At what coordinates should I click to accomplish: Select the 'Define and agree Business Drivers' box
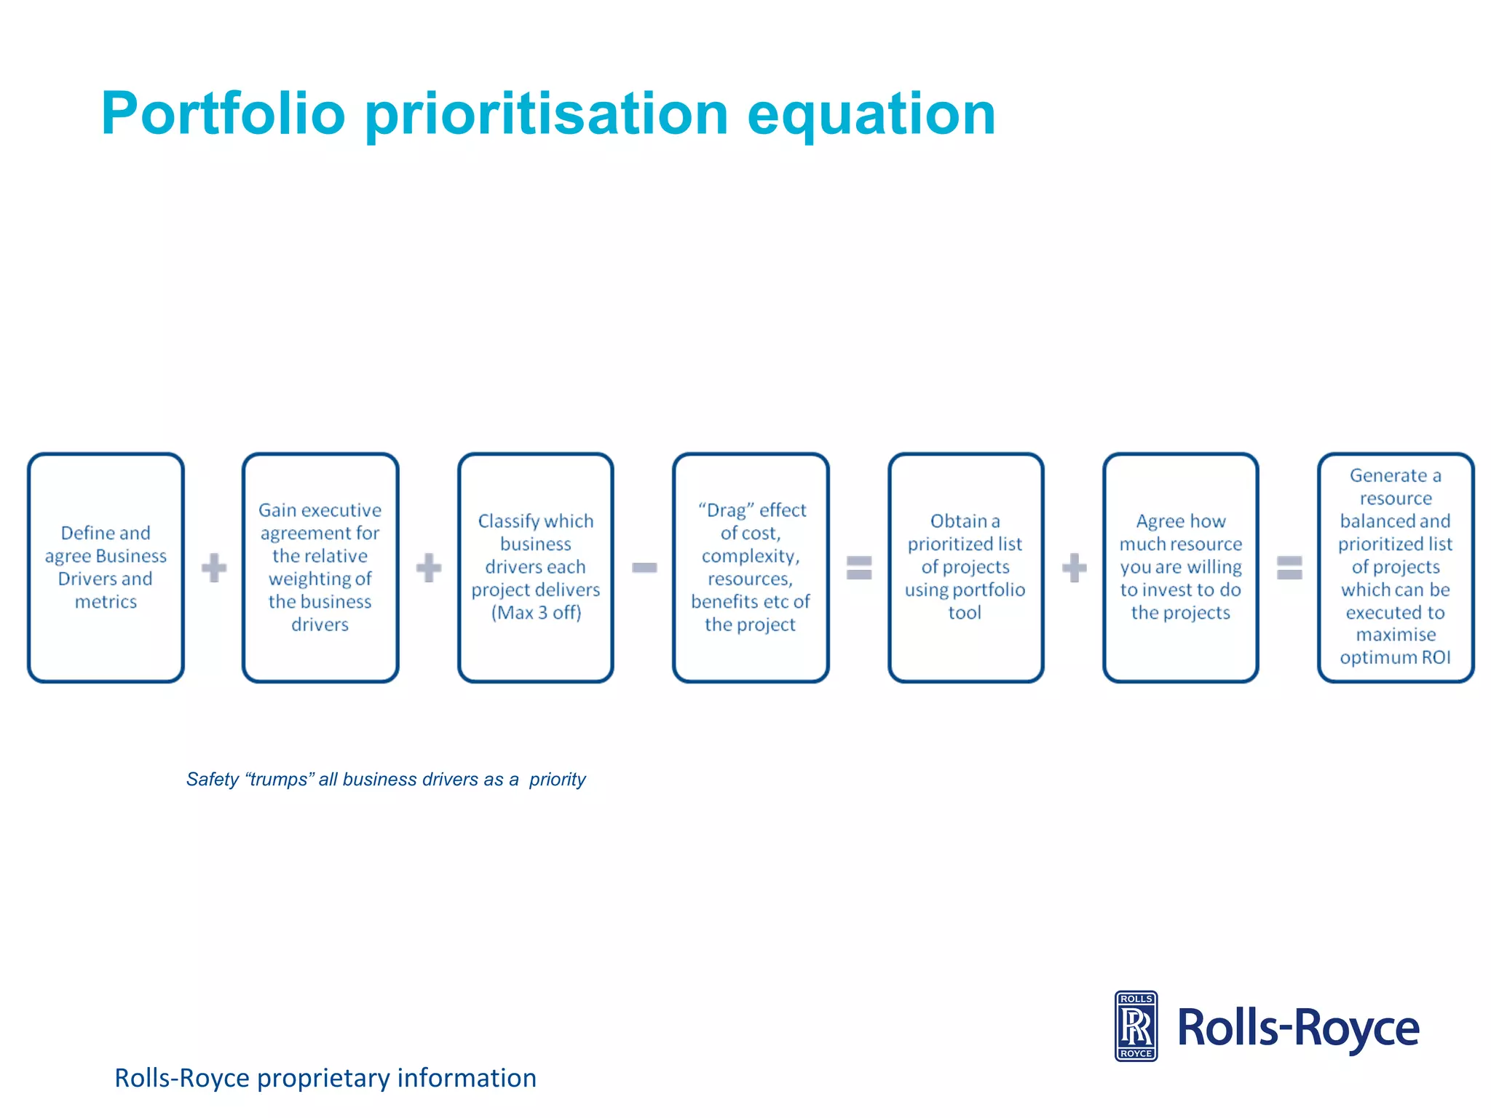106,567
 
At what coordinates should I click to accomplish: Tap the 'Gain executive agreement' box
320,567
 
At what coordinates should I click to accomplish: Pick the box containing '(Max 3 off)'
535,567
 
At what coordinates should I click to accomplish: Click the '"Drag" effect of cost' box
751,567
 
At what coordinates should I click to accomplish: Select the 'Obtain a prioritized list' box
965,567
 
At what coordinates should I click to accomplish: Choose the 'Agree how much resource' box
1180,567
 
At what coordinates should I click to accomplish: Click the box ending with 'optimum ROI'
1396,567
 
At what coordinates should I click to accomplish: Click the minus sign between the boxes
644,568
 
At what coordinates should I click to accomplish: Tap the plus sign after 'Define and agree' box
214,568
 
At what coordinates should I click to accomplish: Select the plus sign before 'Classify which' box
429,568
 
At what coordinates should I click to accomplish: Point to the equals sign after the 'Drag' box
859,568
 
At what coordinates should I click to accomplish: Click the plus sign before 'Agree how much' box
1075,568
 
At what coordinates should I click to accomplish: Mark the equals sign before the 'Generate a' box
1289,568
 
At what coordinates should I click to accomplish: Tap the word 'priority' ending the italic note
557,780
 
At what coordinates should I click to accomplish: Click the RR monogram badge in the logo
1136,1026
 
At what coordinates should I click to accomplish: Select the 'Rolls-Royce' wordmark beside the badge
1298,1028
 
